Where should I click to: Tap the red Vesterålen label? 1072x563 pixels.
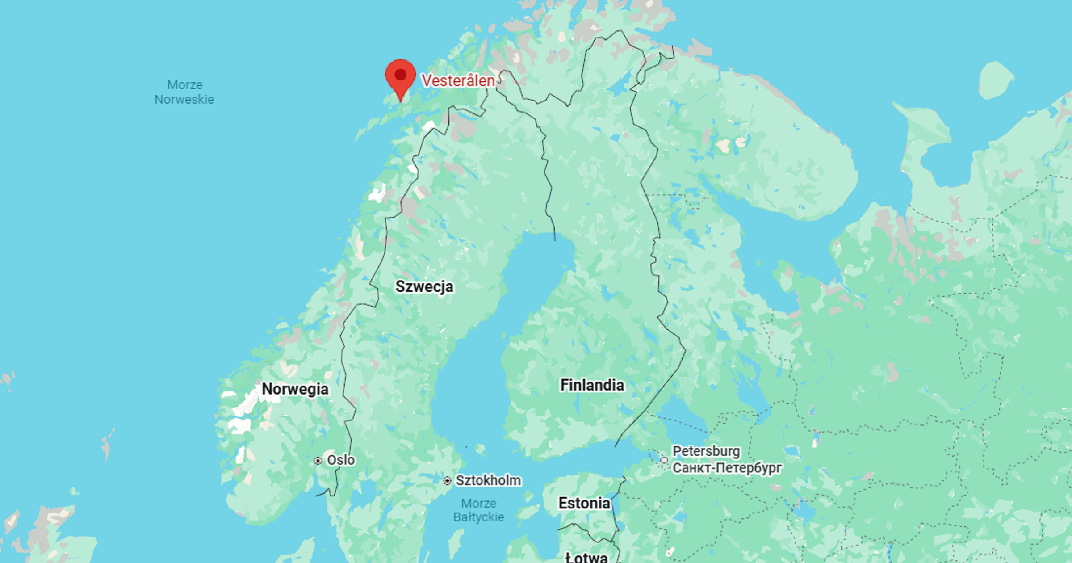click(x=458, y=81)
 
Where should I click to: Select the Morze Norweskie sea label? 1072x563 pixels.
click(x=184, y=92)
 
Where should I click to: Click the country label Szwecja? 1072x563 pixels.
click(x=424, y=286)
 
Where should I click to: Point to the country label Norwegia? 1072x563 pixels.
click(x=295, y=389)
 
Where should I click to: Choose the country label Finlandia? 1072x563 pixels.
click(x=592, y=385)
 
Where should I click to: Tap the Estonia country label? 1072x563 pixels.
click(x=584, y=503)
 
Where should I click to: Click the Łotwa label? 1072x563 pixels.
click(x=586, y=557)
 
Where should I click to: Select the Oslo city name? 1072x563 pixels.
click(x=341, y=460)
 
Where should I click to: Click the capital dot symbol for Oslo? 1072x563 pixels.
click(x=318, y=461)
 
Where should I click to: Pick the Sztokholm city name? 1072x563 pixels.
click(x=488, y=480)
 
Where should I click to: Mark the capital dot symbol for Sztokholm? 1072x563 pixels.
click(x=447, y=481)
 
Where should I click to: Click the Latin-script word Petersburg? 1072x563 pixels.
click(x=706, y=451)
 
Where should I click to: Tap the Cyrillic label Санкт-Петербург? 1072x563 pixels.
click(x=727, y=468)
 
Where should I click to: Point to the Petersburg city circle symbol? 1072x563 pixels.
click(x=664, y=460)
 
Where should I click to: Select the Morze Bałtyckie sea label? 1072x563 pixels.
click(x=479, y=510)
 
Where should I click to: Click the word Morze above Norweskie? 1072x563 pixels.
click(x=185, y=85)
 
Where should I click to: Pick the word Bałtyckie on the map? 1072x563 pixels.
click(x=479, y=517)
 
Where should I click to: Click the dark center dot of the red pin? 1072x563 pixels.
click(x=400, y=74)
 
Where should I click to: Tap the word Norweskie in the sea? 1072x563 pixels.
click(x=184, y=99)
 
